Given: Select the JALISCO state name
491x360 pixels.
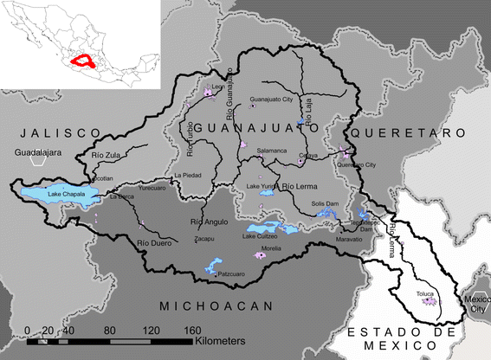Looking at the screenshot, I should tap(56, 132).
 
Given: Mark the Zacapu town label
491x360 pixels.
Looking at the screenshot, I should tap(204, 238).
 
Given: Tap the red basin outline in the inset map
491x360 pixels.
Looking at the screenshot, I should tap(85, 61).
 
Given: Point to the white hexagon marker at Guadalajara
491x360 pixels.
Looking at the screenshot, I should tap(37, 159).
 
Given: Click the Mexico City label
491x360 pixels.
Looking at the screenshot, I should tap(476, 305).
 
